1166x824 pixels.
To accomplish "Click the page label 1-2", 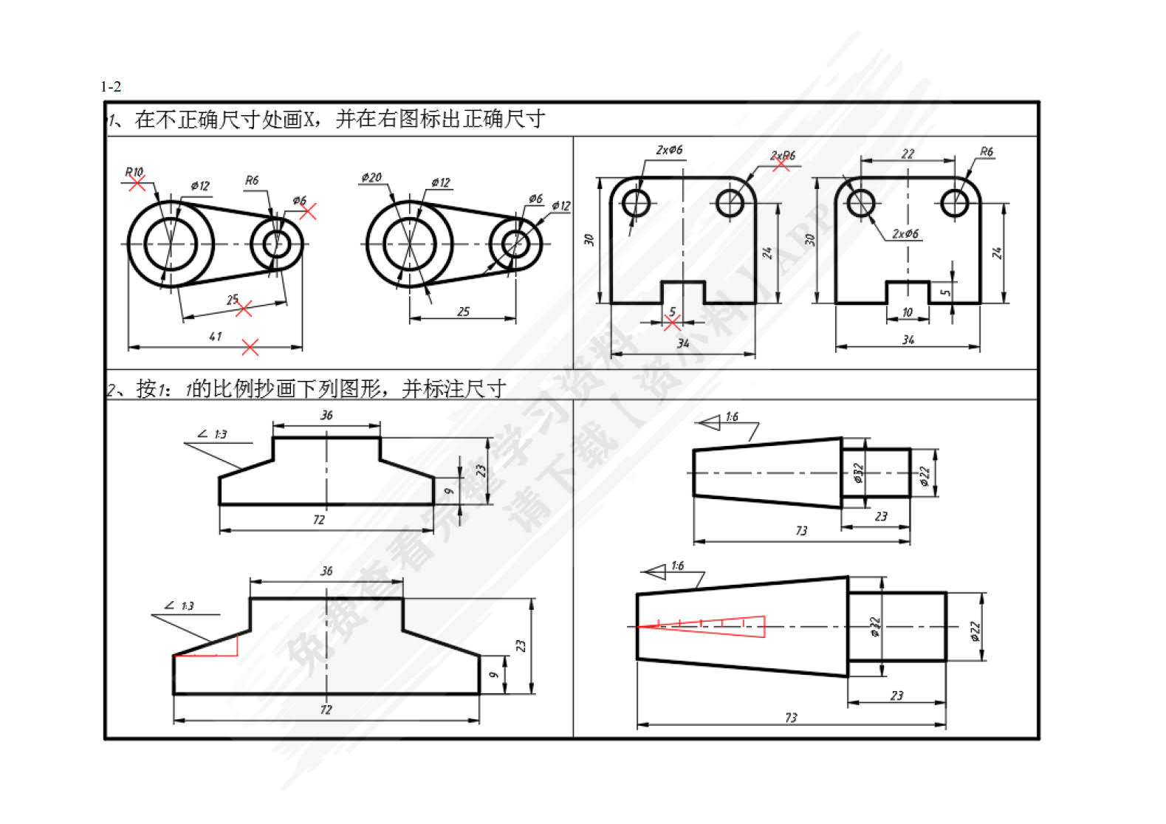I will (111, 86).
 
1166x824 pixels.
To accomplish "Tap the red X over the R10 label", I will (137, 182).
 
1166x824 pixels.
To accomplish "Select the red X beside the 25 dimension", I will (243, 309).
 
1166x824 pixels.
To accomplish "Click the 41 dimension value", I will (215, 337).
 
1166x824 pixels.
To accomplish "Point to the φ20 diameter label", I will (371, 177).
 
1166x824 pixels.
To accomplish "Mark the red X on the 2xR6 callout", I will (781, 164).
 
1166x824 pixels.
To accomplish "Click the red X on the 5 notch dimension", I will (672, 323).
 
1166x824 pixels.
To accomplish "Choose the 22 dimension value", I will (908, 154).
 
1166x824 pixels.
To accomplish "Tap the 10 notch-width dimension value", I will (908, 312).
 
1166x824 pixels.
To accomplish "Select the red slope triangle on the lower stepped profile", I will (214, 648).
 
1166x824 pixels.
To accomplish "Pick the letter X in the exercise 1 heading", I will (310, 119).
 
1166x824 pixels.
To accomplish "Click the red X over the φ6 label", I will (307, 211).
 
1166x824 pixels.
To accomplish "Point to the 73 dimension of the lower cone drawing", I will (791, 718).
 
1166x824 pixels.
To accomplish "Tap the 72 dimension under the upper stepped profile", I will (318, 520).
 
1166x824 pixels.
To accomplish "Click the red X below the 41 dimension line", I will (250, 347).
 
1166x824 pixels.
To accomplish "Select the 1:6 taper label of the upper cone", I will (731, 417).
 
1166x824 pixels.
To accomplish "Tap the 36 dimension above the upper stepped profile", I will (326, 416).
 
